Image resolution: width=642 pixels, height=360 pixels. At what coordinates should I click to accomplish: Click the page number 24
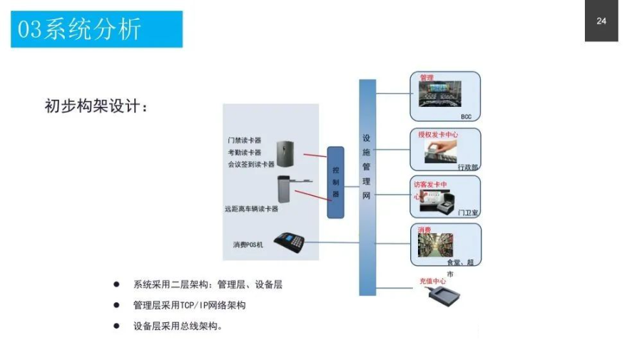pos(601,21)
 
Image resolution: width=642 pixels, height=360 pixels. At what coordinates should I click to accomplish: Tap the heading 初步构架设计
pos(97,107)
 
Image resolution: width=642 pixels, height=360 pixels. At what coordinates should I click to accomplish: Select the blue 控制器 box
pos(335,182)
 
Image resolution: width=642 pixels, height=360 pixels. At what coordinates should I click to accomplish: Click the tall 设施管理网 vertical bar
pos(367,187)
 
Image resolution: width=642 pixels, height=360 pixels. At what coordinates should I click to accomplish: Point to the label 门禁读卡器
pos(244,140)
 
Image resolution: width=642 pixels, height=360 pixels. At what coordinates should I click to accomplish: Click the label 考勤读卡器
pos(244,152)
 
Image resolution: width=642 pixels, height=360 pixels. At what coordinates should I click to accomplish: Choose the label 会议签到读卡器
pos(250,164)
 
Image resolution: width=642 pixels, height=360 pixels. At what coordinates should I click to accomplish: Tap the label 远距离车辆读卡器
pos(251,209)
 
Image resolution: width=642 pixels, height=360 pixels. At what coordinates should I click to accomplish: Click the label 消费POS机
pos(248,245)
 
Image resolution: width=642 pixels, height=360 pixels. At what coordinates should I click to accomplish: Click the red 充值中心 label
pos(432,281)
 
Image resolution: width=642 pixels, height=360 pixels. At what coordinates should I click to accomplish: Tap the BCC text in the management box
pos(466,116)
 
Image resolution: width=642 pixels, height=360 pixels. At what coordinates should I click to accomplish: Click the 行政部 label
pos(467,167)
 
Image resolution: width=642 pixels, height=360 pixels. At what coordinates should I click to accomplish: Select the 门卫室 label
pos(467,212)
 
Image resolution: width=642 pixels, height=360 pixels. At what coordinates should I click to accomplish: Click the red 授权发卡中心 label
pos(437,134)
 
